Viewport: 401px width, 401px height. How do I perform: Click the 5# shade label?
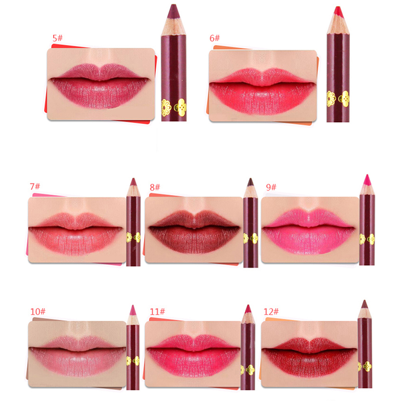58,38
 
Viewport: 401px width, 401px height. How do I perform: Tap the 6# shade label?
215,38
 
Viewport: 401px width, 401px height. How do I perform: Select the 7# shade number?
35,186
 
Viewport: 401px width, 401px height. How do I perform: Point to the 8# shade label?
155,187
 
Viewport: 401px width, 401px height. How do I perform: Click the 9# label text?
271,187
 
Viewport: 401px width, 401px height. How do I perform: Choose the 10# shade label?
38,311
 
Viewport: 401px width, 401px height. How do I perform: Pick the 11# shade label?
157,311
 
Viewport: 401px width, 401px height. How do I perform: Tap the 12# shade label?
271,311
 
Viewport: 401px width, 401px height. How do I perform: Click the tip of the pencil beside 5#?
173,5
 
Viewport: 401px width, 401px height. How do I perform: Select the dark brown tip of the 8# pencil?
250,178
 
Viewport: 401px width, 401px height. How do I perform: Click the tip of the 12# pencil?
364,301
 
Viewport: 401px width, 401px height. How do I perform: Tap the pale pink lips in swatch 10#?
77,357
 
